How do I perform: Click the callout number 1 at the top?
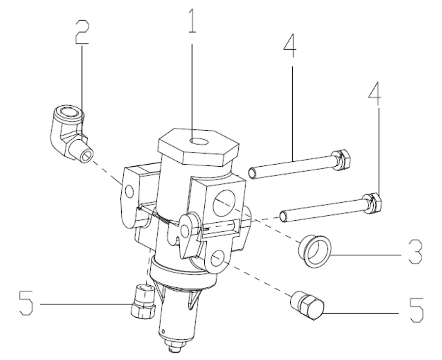point(192,21)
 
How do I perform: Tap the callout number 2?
point(82,32)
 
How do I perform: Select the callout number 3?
point(415,252)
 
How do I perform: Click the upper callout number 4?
point(290,45)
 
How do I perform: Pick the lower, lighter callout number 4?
point(375,94)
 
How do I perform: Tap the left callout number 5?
point(26,303)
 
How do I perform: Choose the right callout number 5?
point(416,310)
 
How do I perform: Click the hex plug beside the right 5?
point(308,305)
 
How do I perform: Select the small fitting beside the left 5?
point(143,302)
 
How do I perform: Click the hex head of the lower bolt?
point(372,203)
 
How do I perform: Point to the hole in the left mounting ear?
point(129,191)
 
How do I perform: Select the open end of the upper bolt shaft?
point(252,173)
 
